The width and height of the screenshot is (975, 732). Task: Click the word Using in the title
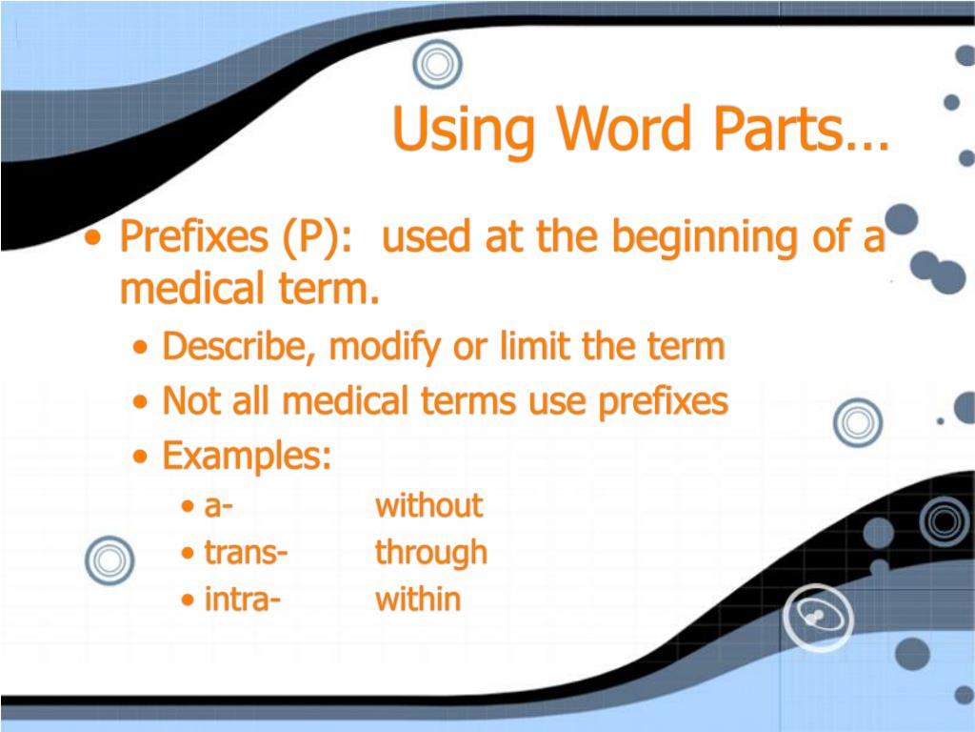[x=464, y=130]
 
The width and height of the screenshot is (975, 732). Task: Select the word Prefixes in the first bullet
[x=193, y=236]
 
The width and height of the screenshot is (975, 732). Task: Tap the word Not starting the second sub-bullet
[x=191, y=401]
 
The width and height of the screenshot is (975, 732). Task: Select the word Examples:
[x=247, y=457]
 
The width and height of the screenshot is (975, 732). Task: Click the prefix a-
[x=218, y=507]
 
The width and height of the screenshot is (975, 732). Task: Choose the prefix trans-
[x=247, y=553]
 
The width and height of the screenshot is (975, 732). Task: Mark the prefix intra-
[x=243, y=600]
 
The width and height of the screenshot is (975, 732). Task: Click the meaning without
[x=429, y=505]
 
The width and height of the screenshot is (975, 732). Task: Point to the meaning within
[x=418, y=599]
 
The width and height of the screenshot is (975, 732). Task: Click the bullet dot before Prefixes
[x=93, y=237]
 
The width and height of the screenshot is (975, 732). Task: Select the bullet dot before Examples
[x=141, y=457]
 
